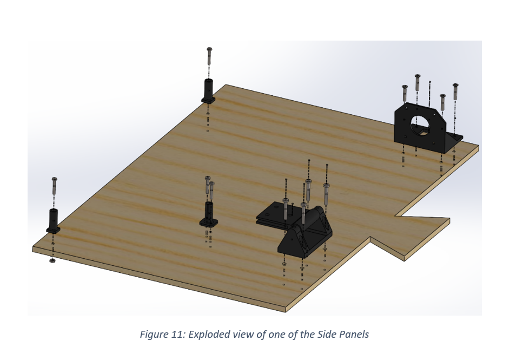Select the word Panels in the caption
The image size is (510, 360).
tap(353, 334)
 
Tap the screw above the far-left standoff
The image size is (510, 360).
tap(54, 187)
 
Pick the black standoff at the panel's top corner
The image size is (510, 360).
tap(209, 90)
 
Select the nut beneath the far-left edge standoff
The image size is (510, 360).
tap(52, 261)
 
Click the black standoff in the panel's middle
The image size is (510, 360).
tap(209, 214)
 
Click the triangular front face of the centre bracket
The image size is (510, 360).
tap(293, 241)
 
